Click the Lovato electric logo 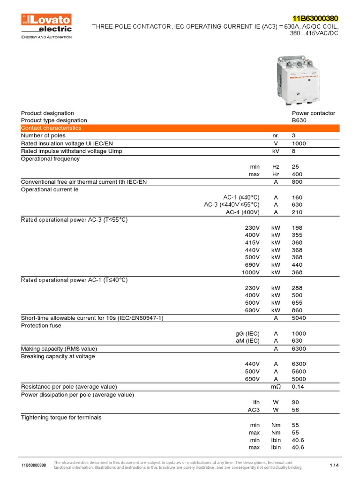[46, 23]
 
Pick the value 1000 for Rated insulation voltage [298, 143]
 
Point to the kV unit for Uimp [276, 151]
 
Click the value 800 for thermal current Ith [297, 182]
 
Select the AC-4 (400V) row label [242, 212]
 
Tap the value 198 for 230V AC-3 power [297, 227]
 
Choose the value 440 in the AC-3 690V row [297, 265]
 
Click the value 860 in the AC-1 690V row [297, 310]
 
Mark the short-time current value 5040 [298, 318]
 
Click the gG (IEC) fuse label [247, 333]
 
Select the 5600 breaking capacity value [298, 371]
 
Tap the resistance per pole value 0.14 [298, 387]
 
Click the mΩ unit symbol [276, 387]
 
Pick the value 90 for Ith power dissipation [295, 402]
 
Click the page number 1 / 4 [334, 465]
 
